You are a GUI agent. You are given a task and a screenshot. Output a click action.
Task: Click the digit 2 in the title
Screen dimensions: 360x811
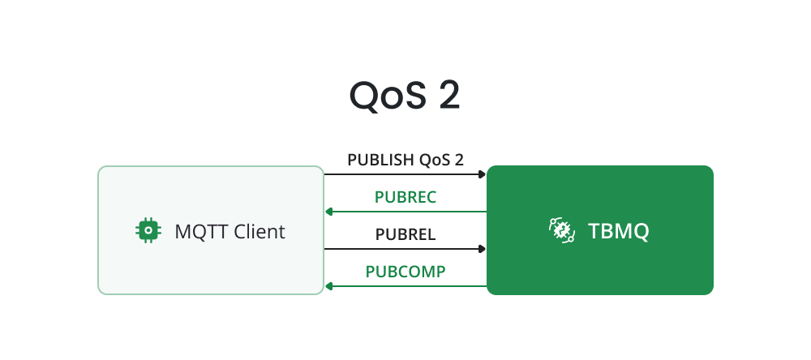pyautogui.click(x=448, y=96)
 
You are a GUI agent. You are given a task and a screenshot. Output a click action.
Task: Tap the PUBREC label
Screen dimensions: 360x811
pyautogui.click(x=405, y=197)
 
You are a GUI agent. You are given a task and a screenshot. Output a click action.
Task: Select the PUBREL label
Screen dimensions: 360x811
pyautogui.click(x=405, y=235)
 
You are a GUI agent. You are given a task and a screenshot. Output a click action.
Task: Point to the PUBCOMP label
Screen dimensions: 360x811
pyautogui.click(x=405, y=272)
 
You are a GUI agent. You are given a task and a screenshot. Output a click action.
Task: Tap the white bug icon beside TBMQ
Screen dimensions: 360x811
pyautogui.click(x=560, y=231)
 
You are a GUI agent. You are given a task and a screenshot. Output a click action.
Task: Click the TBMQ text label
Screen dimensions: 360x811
pyautogui.click(x=619, y=232)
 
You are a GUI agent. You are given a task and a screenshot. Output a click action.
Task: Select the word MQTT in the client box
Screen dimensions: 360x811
pyautogui.click(x=197, y=232)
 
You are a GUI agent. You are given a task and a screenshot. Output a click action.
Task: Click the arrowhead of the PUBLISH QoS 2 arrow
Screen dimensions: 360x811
pyautogui.click(x=483, y=174)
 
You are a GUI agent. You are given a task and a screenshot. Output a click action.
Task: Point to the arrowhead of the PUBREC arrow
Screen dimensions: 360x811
pyautogui.click(x=328, y=212)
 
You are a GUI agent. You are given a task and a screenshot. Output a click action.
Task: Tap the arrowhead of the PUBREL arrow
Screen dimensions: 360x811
pyautogui.click(x=483, y=249)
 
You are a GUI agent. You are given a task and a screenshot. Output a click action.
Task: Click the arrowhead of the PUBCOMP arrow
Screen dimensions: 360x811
pyautogui.click(x=328, y=286)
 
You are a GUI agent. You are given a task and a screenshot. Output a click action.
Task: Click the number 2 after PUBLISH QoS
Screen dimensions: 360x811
pyautogui.click(x=459, y=160)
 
